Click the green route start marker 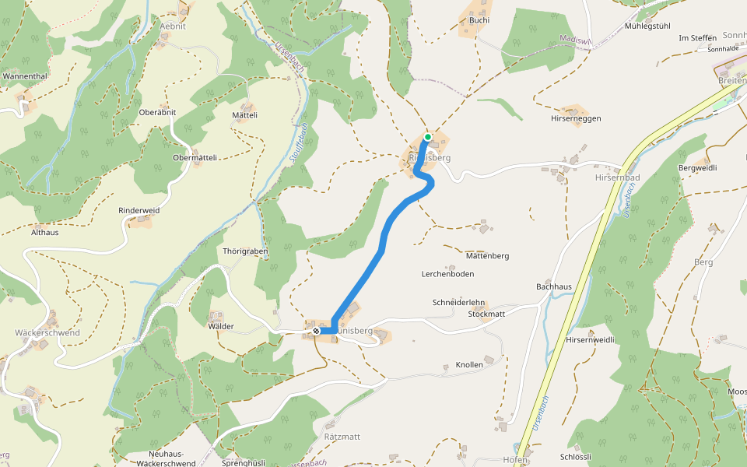(x=427, y=137)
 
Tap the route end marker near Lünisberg (x=316, y=331)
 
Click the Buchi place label (x=479, y=20)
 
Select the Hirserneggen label (x=576, y=118)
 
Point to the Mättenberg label (x=487, y=255)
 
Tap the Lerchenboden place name (x=447, y=274)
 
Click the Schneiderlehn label (x=458, y=302)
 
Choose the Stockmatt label (x=486, y=314)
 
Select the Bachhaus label (x=554, y=286)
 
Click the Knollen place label (x=469, y=364)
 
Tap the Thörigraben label (x=245, y=251)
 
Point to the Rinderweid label (x=139, y=211)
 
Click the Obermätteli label (x=195, y=157)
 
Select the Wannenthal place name (x=26, y=76)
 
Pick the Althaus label (x=44, y=232)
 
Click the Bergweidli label (x=697, y=167)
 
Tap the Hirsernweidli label (x=591, y=339)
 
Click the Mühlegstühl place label (x=647, y=26)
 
